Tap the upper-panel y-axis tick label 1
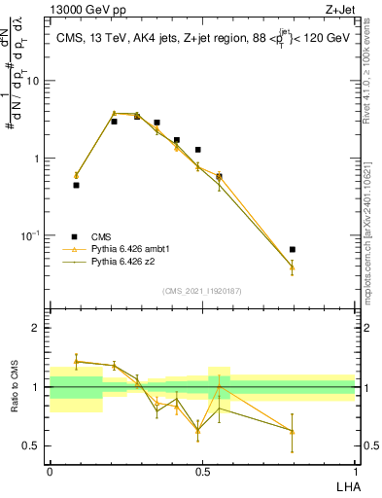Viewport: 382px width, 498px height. coord(37,159)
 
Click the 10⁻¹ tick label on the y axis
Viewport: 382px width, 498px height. coord(32,235)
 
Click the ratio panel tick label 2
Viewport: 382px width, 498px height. coord(37,329)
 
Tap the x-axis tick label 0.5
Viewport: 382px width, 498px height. coord(202,472)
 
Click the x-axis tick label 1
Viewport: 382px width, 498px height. coord(355,472)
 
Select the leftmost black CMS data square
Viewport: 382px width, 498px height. coord(76,185)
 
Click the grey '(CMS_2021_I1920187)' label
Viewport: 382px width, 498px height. coord(202,290)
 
